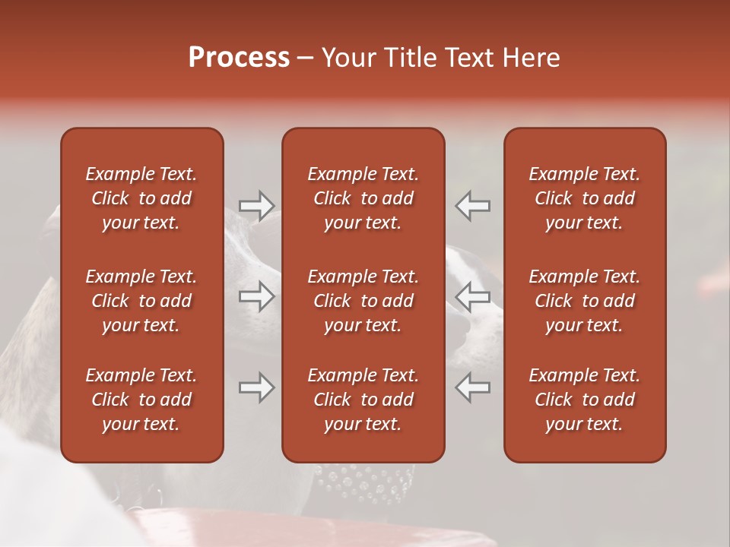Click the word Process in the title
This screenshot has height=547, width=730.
239,58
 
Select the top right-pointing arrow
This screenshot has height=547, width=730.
256,205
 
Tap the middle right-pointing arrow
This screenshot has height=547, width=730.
256,296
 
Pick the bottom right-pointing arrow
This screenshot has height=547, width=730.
256,387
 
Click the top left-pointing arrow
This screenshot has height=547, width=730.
472,205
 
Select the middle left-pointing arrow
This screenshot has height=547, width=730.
472,296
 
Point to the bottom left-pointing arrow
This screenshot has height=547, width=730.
472,387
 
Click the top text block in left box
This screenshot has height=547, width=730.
141,198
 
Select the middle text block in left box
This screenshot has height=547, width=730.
141,301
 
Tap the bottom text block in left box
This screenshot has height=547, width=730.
141,400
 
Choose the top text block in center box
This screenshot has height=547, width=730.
363,198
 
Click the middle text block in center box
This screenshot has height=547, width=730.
363,301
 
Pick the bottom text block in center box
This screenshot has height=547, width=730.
363,400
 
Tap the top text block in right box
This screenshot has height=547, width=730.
584,198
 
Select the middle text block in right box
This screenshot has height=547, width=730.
584,301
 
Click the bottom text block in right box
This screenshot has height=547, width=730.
584,400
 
